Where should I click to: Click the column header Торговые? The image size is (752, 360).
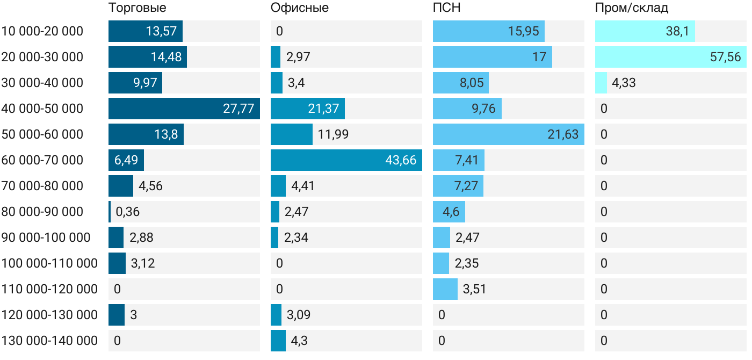[137, 8]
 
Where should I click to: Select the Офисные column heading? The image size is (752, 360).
[299, 8]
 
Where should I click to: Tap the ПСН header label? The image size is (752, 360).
[446, 8]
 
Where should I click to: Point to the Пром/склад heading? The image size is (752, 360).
[631, 8]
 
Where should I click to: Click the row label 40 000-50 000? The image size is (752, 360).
[42, 109]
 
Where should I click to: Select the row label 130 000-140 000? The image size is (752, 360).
[49, 341]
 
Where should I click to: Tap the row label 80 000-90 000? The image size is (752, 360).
[42, 212]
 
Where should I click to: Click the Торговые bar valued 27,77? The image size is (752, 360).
[184, 109]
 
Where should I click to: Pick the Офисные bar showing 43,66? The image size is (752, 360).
[346, 160]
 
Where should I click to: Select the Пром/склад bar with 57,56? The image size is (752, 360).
[670, 57]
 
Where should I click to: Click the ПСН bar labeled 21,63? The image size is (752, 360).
[508, 134]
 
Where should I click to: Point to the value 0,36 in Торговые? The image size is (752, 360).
[127, 212]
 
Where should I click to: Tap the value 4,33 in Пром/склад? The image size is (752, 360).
[624, 83]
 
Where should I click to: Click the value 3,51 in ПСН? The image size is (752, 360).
[475, 289]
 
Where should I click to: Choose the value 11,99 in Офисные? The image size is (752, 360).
[333, 134]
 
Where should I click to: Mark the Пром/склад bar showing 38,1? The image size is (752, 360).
[645, 31]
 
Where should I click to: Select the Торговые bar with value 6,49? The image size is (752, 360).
[126, 160]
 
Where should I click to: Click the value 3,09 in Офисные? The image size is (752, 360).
[299, 315]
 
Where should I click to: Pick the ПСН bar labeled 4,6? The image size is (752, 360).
[449, 212]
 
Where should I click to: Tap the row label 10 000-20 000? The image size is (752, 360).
[42, 31]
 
